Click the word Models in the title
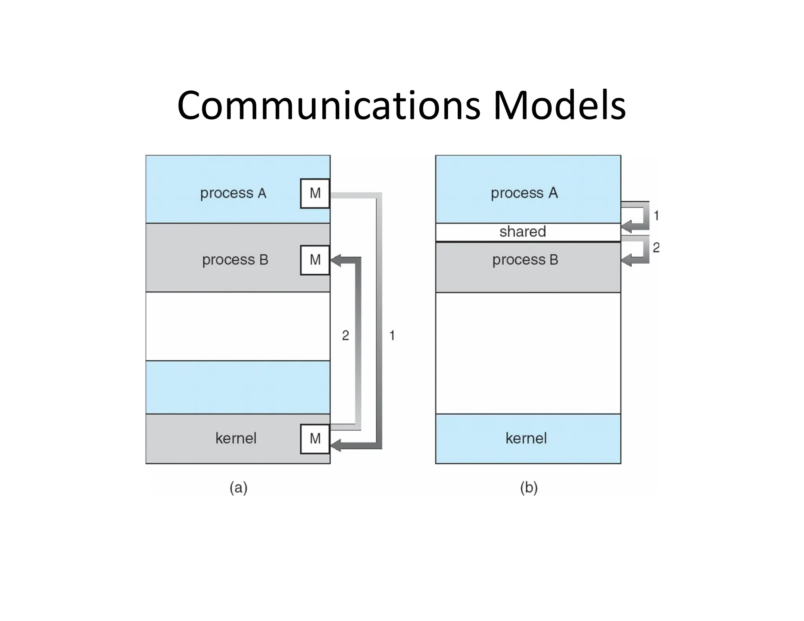tap(559, 105)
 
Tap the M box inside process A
tap(315, 193)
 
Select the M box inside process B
tap(315, 260)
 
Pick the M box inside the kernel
tap(315, 438)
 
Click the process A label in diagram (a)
tap(233, 193)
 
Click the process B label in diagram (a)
tap(235, 260)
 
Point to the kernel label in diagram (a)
tap(236, 438)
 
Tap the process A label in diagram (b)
tap(524, 193)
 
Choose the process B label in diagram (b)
tap(525, 260)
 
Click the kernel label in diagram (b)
tap(526, 438)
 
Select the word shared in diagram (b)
tap(523, 232)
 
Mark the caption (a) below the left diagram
tap(238, 488)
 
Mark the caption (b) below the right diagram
tap(528, 488)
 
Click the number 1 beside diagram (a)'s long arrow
tap(392, 335)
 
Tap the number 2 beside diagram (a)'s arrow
tap(345, 335)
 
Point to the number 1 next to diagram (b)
tap(656, 216)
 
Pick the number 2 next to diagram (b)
tap(656, 247)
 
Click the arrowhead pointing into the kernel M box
tap(336, 445)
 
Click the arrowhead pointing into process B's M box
tap(336, 260)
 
